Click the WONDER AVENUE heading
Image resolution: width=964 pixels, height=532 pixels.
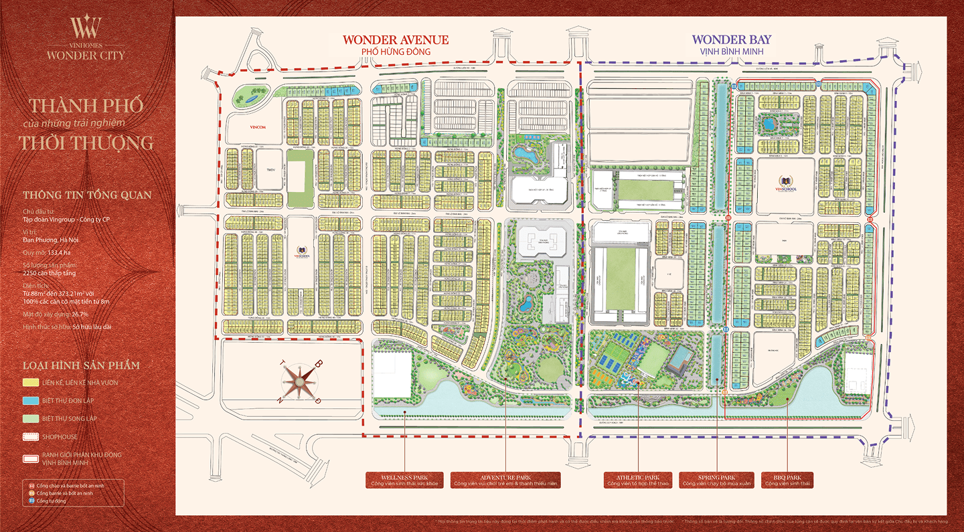[x=396, y=40]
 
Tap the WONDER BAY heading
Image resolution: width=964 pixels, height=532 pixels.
[x=731, y=40]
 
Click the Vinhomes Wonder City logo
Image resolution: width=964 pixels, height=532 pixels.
[x=86, y=38]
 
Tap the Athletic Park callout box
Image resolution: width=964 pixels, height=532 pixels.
[x=637, y=480]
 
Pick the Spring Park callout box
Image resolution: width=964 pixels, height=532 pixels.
[x=716, y=480]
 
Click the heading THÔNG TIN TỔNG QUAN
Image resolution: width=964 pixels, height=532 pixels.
[x=87, y=195]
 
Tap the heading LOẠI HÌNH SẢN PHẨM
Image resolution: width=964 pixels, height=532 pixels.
[x=81, y=365]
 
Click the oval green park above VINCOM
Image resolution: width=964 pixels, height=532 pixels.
[x=248, y=98]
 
